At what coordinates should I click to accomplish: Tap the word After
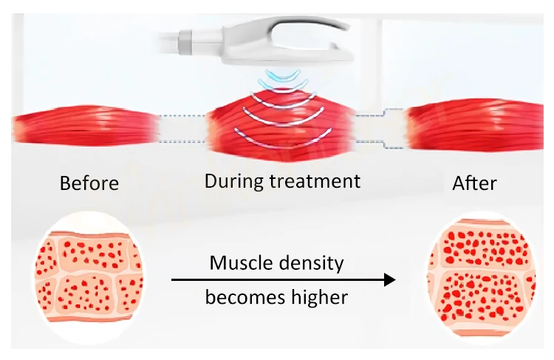tap(474, 183)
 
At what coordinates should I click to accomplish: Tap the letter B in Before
tap(65, 183)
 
